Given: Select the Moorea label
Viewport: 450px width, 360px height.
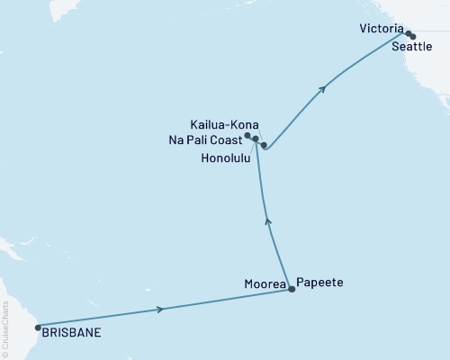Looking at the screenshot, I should tap(264, 283).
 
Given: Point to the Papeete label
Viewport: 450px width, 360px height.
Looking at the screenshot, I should tap(321, 283).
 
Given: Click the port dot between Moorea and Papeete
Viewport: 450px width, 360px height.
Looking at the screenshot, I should tap(291, 290).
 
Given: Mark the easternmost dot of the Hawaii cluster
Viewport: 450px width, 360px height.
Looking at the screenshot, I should tap(264, 145).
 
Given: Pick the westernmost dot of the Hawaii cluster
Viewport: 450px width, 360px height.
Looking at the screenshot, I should tap(247, 136).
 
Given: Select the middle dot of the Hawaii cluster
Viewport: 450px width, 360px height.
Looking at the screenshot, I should tap(256, 139).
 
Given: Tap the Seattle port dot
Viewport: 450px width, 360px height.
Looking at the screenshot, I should tap(413, 37).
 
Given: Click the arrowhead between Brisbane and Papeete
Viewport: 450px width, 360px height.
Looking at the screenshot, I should tap(160, 309).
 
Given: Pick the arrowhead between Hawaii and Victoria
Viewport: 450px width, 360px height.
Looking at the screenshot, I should tap(323, 89).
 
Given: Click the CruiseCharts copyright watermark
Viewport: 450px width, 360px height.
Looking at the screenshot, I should tap(5, 328).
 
